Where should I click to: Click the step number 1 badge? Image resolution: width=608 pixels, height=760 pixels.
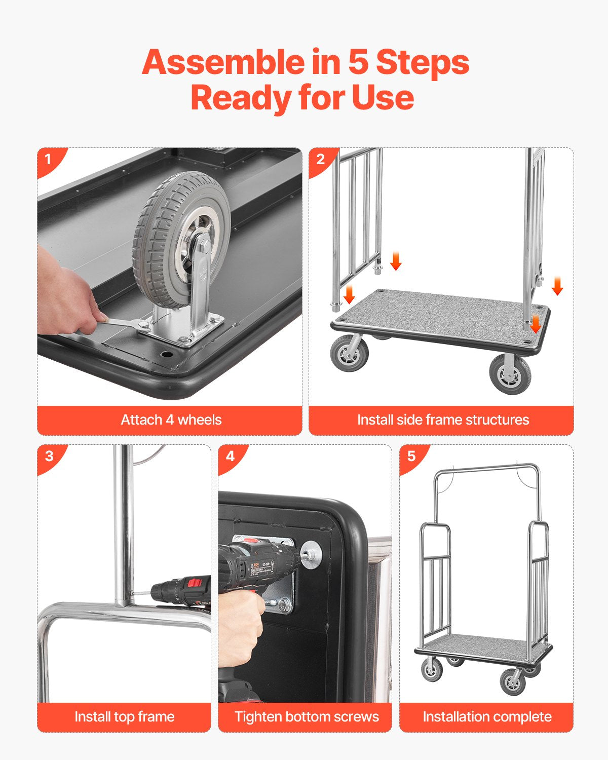click(x=49, y=160)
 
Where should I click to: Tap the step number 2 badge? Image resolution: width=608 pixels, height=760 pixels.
click(x=320, y=160)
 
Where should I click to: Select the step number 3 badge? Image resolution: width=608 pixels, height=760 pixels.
click(x=49, y=457)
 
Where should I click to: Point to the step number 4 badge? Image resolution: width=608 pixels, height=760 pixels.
click(x=230, y=457)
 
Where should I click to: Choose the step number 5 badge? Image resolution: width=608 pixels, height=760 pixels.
click(x=411, y=457)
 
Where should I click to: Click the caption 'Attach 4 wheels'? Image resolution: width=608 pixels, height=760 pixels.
click(x=171, y=420)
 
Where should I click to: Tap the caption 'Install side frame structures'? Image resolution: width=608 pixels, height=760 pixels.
click(x=442, y=420)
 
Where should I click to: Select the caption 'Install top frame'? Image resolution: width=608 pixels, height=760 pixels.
click(x=124, y=717)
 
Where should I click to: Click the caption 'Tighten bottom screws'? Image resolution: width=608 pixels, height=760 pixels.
click(x=306, y=717)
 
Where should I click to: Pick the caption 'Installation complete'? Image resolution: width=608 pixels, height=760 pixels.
click(x=486, y=717)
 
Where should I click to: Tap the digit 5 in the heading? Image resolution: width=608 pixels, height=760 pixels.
click(x=358, y=62)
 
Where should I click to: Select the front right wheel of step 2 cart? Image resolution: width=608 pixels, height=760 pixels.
click(x=510, y=374)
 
